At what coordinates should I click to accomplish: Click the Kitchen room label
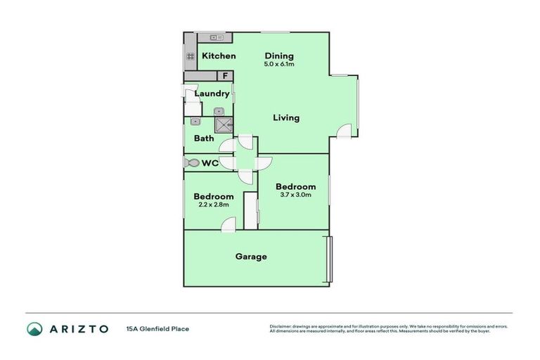219,56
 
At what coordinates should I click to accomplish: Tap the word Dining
279,56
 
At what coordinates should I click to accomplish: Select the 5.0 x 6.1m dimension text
279,65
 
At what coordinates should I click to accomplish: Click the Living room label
286,118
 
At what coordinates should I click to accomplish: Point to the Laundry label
212,94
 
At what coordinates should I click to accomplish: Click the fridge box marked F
226,76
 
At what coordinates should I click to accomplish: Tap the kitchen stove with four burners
190,56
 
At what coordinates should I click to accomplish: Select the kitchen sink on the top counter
216,37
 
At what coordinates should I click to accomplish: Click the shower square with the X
224,124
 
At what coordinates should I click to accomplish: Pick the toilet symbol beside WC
192,163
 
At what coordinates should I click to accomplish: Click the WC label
210,164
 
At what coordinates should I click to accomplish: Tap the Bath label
204,139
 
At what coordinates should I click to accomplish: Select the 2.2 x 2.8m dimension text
214,205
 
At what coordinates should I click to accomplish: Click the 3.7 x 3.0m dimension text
295,195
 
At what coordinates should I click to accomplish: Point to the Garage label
251,257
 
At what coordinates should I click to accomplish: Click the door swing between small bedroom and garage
228,224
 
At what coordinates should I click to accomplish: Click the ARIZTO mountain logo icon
34,328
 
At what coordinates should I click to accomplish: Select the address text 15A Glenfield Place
157,328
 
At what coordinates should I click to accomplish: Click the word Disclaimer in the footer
281,326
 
